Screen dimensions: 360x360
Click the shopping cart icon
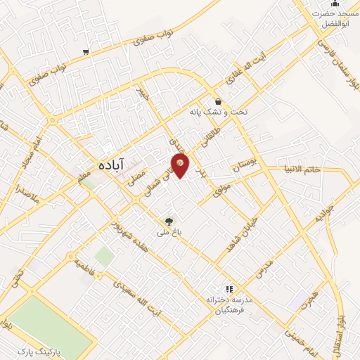coord(86,51)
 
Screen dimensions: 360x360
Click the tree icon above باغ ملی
coord(168,221)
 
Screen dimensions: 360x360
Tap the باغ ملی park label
coord(169,231)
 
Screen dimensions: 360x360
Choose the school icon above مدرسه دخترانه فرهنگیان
coord(228,288)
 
